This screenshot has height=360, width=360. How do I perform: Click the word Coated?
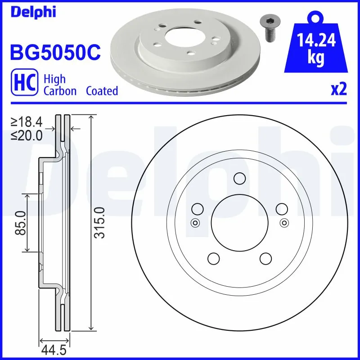102,91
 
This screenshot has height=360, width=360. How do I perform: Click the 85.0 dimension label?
20,223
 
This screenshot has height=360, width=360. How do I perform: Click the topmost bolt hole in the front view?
239,179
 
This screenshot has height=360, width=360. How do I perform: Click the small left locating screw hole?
195,222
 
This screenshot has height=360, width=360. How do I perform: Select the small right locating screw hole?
284,222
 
